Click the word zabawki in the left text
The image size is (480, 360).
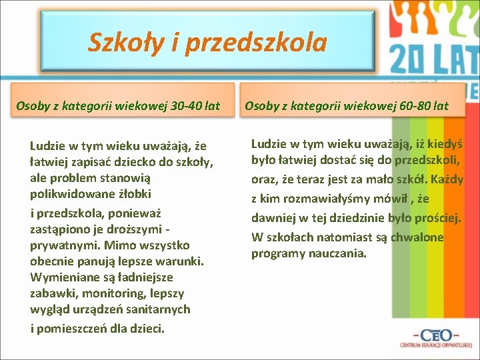point(53,293)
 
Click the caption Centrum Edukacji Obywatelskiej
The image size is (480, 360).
point(435,345)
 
